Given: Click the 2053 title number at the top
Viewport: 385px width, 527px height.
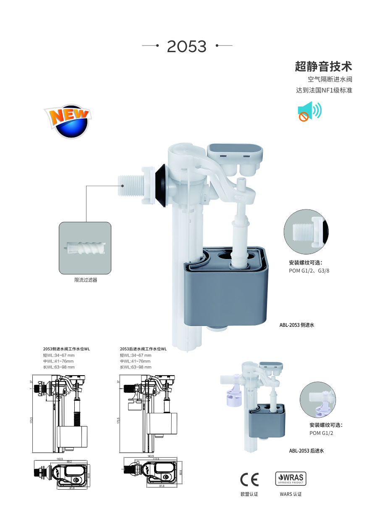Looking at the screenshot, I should (x=187, y=47).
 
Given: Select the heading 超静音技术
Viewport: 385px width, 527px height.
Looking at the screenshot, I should (x=323, y=66).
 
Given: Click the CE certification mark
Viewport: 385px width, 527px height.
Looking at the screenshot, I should (x=249, y=479).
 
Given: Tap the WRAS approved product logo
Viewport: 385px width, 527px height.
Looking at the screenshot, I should (x=291, y=479).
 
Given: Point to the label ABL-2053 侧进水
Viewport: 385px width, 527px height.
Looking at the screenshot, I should (x=297, y=325).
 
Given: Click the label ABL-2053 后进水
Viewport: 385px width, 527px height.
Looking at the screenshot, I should (x=306, y=451).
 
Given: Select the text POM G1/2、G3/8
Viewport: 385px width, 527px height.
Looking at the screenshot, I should (x=309, y=270).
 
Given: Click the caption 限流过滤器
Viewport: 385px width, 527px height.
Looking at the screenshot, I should (x=86, y=280).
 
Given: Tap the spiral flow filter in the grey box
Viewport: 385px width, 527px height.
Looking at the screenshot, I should (x=85, y=248).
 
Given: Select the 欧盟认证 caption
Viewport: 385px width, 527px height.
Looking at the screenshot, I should (x=249, y=494).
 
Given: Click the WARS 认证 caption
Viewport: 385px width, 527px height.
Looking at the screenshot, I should (x=291, y=494).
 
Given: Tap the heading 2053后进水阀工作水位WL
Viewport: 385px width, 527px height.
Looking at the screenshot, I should (x=143, y=349).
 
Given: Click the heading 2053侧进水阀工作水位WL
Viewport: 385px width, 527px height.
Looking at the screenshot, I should (x=66, y=349).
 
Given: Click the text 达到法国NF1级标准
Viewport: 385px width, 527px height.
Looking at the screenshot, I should (x=324, y=90).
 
